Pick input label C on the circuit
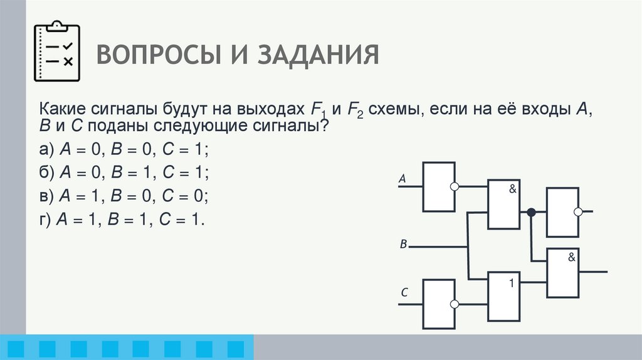click(404, 292)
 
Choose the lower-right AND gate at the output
click(563, 272)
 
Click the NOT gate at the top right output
click(562, 212)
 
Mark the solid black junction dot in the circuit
click(531, 212)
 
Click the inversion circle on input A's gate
click(455, 186)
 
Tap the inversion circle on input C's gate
click(455, 304)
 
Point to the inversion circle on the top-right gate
click(579, 212)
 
